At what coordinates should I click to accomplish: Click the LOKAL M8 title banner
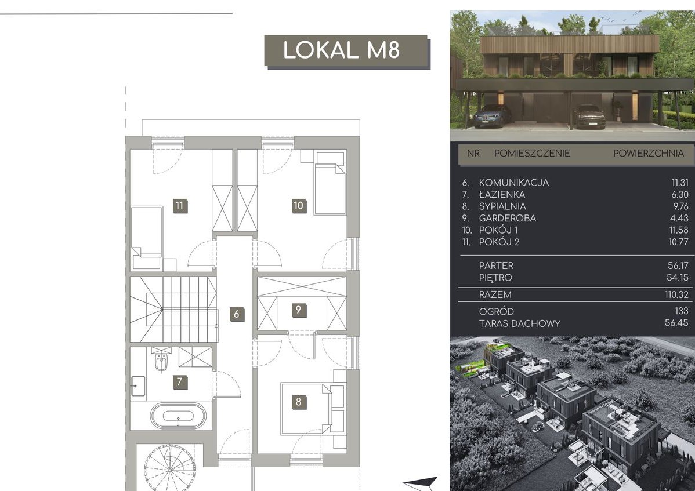pyautogui.click(x=346, y=51)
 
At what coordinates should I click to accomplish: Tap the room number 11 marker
pyautogui.click(x=179, y=205)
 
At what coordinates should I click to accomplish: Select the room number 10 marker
pyautogui.click(x=298, y=205)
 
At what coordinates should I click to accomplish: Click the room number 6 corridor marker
pyautogui.click(x=237, y=314)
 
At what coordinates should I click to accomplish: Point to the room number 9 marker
pyautogui.click(x=298, y=310)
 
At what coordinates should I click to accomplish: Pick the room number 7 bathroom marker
pyautogui.click(x=179, y=382)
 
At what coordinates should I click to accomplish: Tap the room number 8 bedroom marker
pyautogui.click(x=298, y=402)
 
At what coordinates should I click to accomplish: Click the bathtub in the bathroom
pyautogui.click(x=178, y=416)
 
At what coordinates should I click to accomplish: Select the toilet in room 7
pyautogui.click(x=161, y=361)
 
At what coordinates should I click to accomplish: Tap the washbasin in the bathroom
pyautogui.click(x=138, y=386)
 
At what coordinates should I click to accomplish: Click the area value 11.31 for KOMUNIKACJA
pyautogui.click(x=680, y=183)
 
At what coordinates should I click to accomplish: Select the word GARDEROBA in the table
pyautogui.click(x=501, y=219)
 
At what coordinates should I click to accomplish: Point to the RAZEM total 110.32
pyautogui.click(x=676, y=295)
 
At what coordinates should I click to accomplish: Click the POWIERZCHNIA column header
pyautogui.click(x=649, y=153)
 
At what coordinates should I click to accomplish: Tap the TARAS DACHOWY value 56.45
pyautogui.click(x=676, y=323)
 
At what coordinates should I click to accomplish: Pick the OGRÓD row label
pyautogui.click(x=497, y=311)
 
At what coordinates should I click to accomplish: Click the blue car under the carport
pyautogui.click(x=492, y=115)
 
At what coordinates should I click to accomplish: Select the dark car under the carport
pyautogui.click(x=589, y=117)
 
